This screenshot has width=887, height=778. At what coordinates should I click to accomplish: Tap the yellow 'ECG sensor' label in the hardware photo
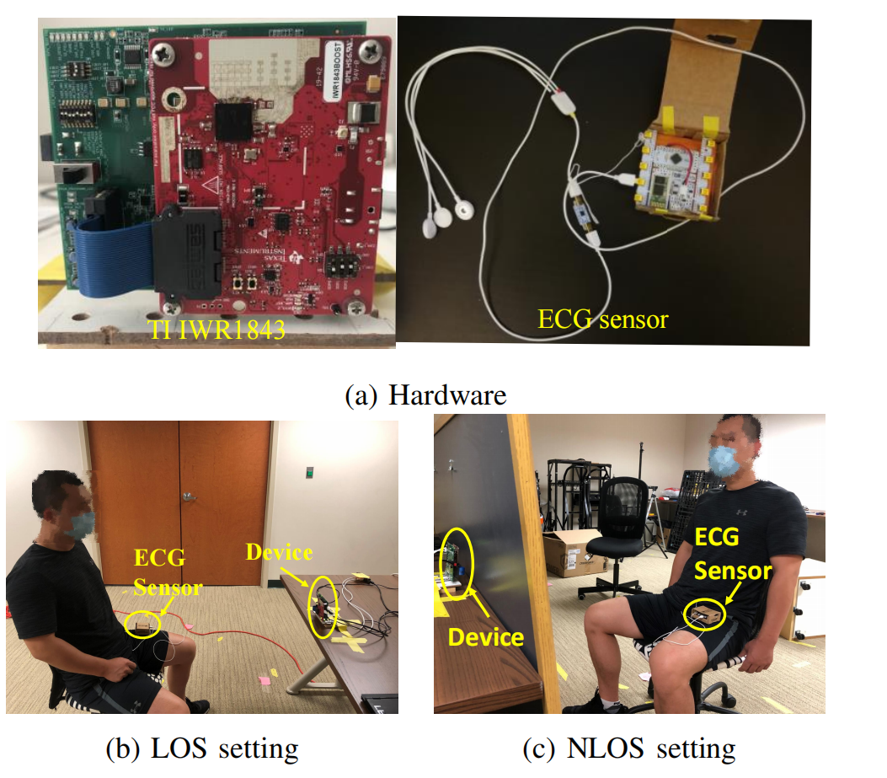[602, 319]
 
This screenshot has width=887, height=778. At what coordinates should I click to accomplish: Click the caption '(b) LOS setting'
[201, 748]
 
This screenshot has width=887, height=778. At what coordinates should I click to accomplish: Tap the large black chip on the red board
[233, 120]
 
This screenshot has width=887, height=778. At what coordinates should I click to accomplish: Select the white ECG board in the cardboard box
[678, 169]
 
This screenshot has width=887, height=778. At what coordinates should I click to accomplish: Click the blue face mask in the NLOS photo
[724, 461]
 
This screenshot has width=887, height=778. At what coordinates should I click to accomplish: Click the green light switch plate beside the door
[311, 472]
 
